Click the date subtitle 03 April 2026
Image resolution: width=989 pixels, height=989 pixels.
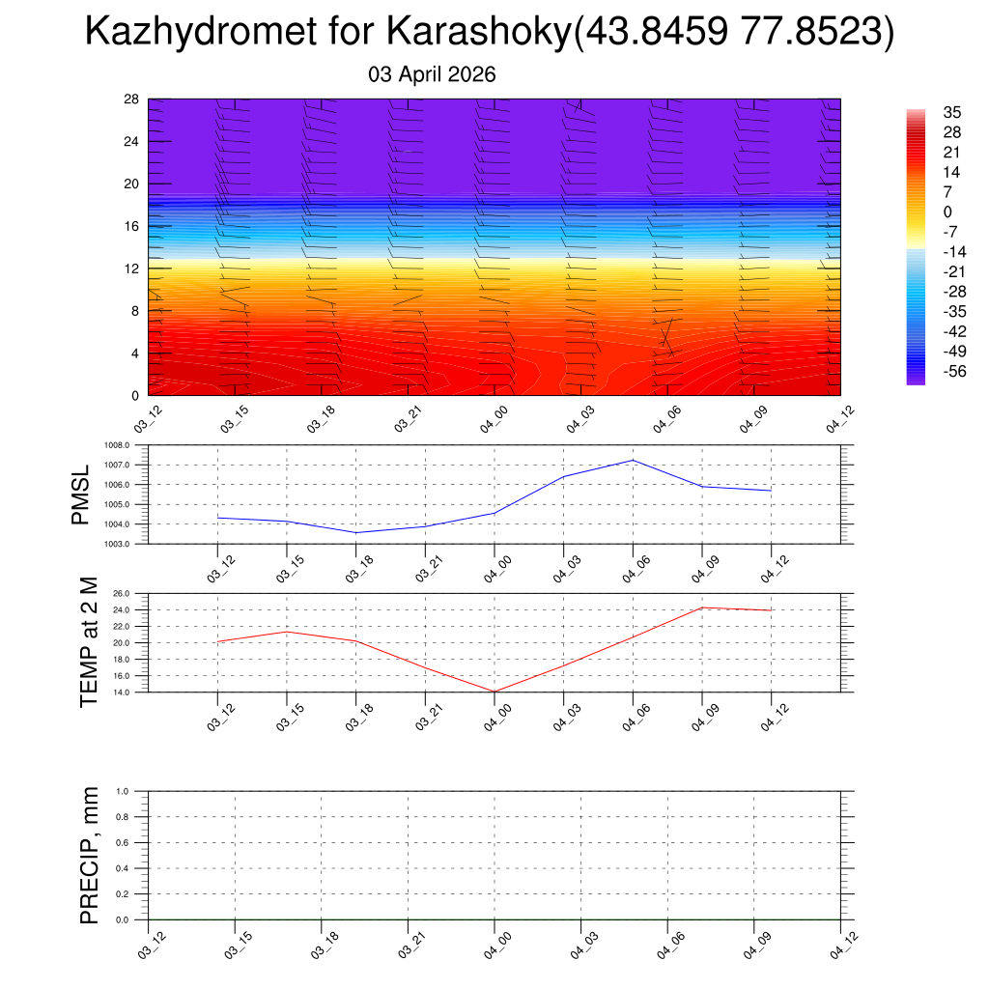point(432,74)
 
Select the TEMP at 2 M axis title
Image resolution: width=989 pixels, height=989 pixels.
point(89,643)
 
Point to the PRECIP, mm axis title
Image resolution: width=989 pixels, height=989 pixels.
point(89,855)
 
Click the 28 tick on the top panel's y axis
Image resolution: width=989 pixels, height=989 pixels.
point(132,99)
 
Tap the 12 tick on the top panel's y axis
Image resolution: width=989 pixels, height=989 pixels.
point(132,268)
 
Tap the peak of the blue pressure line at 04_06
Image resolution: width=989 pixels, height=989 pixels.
point(633,460)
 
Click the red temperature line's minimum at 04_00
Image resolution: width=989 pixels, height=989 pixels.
point(494,692)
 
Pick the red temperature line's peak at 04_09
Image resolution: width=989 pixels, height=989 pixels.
point(702,608)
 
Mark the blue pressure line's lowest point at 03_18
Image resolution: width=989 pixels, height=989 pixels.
point(356,533)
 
